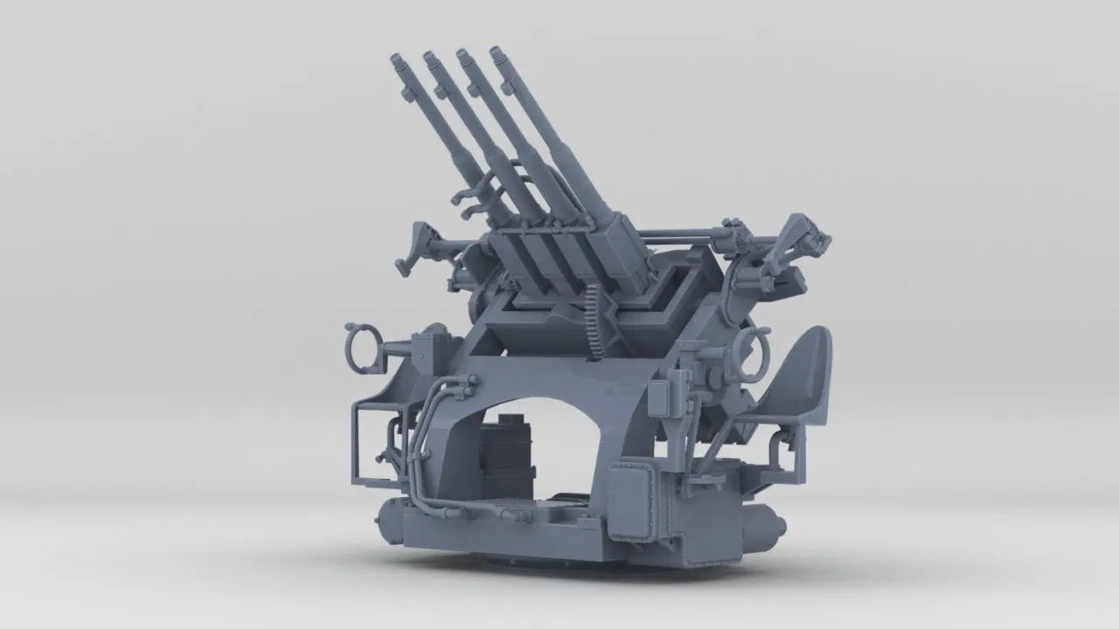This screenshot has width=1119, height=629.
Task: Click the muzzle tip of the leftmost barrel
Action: click(x=397, y=60)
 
